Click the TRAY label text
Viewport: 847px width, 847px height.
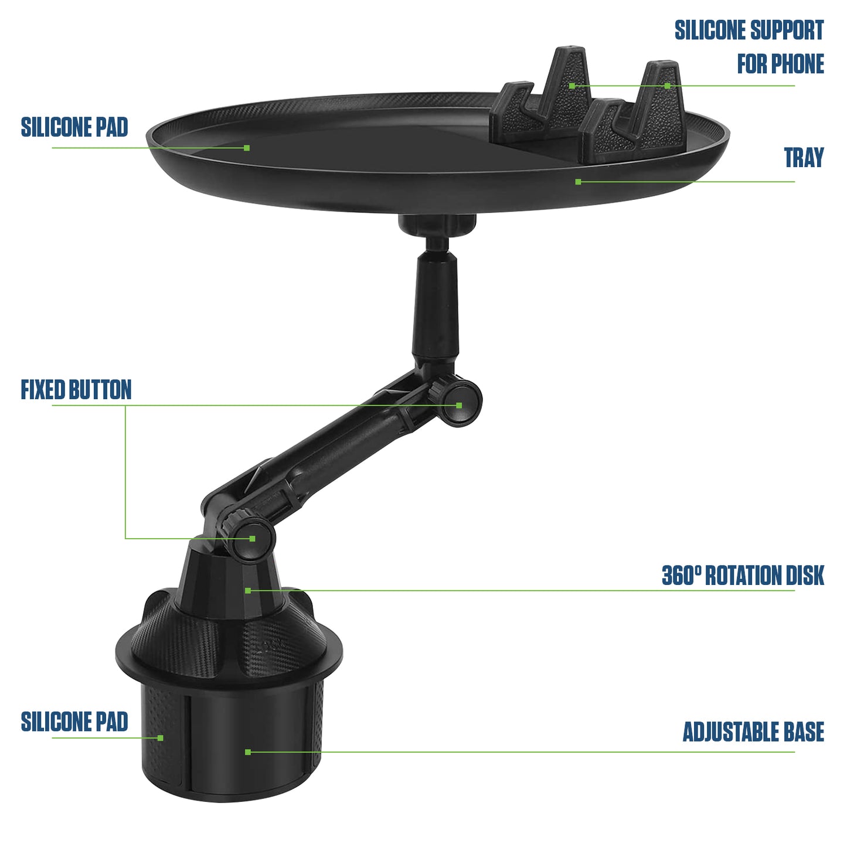tap(804, 158)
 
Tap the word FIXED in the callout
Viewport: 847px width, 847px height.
tap(43, 390)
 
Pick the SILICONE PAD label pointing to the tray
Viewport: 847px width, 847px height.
tap(74, 128)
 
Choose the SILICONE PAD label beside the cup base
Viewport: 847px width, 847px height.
tap(74, 722)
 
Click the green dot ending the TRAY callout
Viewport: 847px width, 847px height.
tap(578, 182)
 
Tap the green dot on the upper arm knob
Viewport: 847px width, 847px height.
tap(459, 405)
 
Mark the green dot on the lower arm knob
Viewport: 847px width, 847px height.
tap(253, 538)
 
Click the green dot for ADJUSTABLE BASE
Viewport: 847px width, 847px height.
tap(248, 751)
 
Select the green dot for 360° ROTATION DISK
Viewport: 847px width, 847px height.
tap(248, 590)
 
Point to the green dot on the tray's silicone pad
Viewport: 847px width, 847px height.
tap(247, 148)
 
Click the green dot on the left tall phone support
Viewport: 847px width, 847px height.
tap(572, 86)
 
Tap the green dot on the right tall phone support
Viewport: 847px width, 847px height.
tap(667, 86)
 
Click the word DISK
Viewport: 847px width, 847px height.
tap(805, 576)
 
